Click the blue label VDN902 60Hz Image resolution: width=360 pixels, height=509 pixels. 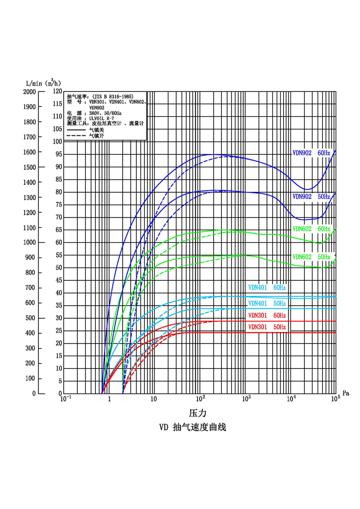pos(311,153)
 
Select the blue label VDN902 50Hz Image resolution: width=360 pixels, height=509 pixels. pos(311,197)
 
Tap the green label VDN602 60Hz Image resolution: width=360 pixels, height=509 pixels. pos(311,229)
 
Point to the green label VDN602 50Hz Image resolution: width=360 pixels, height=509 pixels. pos(311,257)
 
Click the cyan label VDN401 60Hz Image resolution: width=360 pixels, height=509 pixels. pos(267,288)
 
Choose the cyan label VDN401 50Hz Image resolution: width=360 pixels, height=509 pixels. pos(267,304)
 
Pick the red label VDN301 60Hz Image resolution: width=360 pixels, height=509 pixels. pos(267,316)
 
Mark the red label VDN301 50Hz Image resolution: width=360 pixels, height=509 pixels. pos(267,327)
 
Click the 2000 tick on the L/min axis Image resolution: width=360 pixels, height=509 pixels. pos(29,91)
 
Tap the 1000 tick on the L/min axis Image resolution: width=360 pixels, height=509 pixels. pos(29,242)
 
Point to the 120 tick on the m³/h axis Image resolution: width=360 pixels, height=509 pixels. pos(56,91)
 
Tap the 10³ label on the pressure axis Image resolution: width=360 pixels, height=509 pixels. pos(246,400)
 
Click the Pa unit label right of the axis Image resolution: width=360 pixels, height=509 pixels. pos(345,393)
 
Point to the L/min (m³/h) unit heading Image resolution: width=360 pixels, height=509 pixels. pos(43,83)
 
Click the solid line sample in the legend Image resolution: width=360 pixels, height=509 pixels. pos(76,130)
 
